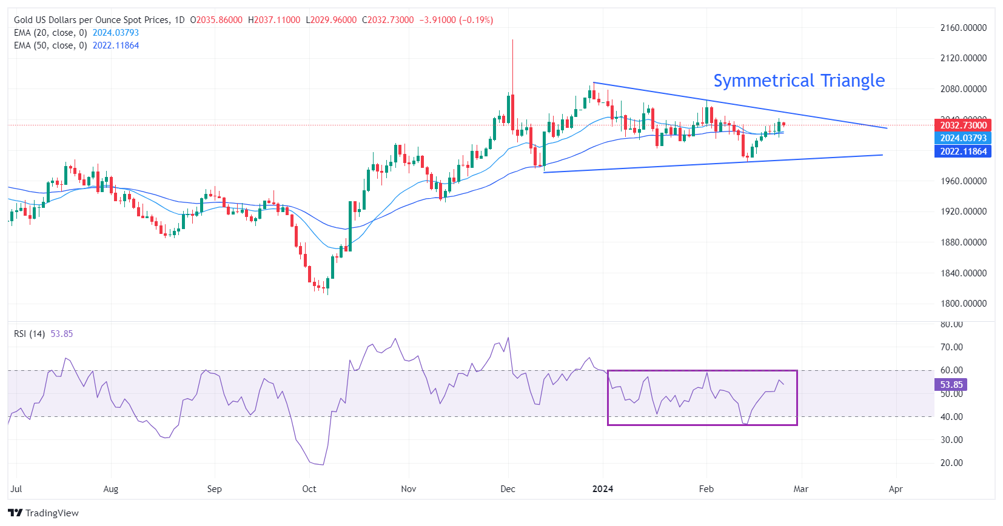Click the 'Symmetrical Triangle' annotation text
(799, 81)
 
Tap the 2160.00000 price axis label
(963, 28)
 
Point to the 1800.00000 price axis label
(963, 304)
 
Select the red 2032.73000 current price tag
(963, 125)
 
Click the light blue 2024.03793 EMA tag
(963, 138)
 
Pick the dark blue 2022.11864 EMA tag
(963, 151)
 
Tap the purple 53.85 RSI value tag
(951, 385)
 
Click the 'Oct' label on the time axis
(309, 489)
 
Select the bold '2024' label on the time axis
(603, 489)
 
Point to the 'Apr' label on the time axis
(896, 489)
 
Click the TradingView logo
(44, 513)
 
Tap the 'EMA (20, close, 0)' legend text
(50, 33)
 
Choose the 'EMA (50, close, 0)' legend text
(50, 45)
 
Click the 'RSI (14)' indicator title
(29, 334)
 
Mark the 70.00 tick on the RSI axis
(951, 347)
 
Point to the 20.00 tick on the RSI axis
(951, 463)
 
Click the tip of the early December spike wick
(512, 40)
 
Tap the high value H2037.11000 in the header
(274, 20)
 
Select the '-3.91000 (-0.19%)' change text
(456, 20)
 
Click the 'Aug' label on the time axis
(111, 489)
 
